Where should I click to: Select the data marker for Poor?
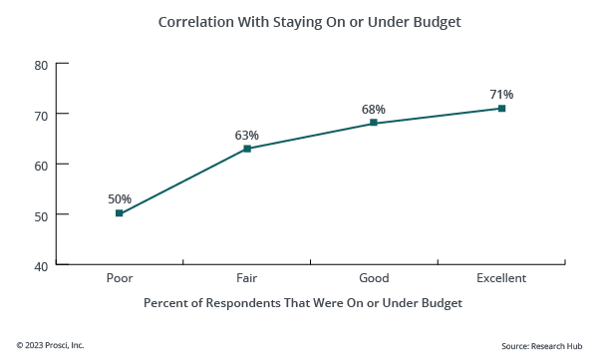coord(120,213)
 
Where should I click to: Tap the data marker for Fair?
coord(247,149)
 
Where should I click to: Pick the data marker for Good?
coord(374,123)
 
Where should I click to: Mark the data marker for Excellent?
coord(501,108)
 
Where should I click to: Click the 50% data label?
coord(120,198)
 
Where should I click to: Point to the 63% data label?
coord(247,135)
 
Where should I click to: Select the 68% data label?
coord(374,109)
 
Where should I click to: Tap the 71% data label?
coord(501,94)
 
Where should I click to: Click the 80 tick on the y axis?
coord(41,65)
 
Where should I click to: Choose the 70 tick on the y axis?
coord(41,115)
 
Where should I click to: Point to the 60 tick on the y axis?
coord(41,165)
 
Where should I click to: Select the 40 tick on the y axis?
coord(41,265)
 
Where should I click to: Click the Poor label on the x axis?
coord(120,278)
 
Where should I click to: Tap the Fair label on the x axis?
coord(247,278)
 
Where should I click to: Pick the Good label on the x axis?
coord(374,278)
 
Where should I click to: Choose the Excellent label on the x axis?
coord(501,278)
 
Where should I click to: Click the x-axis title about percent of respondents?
coord(303,302)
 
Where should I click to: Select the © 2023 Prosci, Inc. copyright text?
coord(50,345)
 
